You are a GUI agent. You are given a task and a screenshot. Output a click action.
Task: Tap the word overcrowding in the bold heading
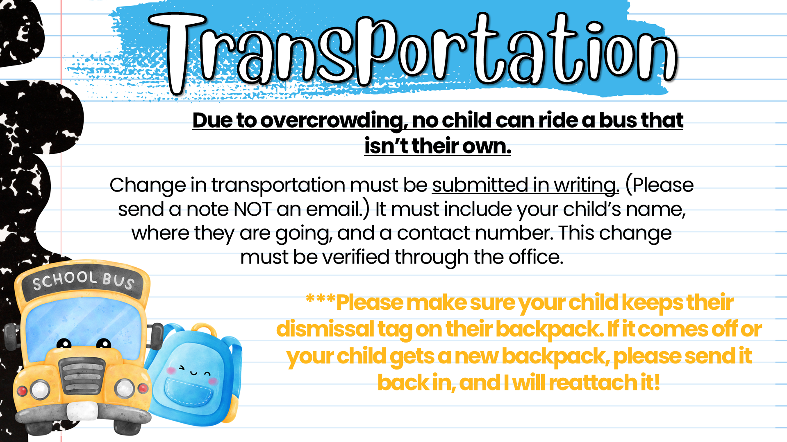334,121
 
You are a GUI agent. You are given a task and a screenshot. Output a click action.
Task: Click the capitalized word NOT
252,209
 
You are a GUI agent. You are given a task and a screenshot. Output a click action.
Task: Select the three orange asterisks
321,298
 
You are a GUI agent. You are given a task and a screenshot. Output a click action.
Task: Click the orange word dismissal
325,329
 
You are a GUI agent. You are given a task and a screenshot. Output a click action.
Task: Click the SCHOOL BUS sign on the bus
84,281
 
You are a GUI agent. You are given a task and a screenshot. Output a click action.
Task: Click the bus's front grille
82,377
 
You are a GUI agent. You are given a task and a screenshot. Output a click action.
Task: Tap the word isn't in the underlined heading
386,147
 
